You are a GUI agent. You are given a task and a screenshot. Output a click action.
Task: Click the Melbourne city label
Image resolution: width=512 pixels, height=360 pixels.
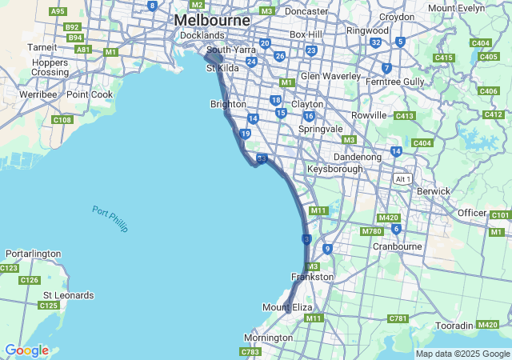tap(212, 19)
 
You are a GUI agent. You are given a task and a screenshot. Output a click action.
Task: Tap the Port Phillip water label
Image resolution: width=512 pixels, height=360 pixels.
tap(110, 219)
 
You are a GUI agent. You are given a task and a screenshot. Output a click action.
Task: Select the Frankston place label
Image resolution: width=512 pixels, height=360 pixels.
tap(312, 277)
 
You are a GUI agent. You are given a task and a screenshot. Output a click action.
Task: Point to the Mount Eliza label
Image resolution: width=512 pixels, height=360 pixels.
tap(287, 307)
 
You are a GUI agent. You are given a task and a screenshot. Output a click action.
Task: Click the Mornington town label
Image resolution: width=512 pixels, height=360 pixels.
tap(268, 338)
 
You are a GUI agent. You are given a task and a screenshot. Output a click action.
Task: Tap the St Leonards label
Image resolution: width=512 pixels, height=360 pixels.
tap(68, 295)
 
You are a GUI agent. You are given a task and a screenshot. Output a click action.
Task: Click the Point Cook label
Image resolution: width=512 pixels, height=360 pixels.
tap(90, 94)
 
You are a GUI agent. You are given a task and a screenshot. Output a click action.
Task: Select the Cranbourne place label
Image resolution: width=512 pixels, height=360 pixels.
tap(397, 246)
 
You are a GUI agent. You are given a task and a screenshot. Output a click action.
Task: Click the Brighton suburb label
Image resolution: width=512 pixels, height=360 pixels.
tap(228, 104)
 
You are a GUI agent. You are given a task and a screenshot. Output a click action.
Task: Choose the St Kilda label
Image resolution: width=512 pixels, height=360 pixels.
tap(222, 69)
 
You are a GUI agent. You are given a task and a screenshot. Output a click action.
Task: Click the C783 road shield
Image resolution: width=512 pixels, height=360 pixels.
tap(250, 351)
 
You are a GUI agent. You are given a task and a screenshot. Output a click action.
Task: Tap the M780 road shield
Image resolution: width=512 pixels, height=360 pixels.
tap(371, 231)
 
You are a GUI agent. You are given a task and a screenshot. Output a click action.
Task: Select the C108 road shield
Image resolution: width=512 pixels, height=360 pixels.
tap(62, 120)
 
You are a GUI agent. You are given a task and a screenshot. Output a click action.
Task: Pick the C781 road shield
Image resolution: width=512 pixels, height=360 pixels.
tap(398, 318)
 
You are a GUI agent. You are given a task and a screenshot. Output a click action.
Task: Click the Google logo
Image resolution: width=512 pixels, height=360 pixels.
tap(26, 350)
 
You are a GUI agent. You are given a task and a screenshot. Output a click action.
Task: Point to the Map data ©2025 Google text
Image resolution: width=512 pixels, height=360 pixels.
tap(462, 354)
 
